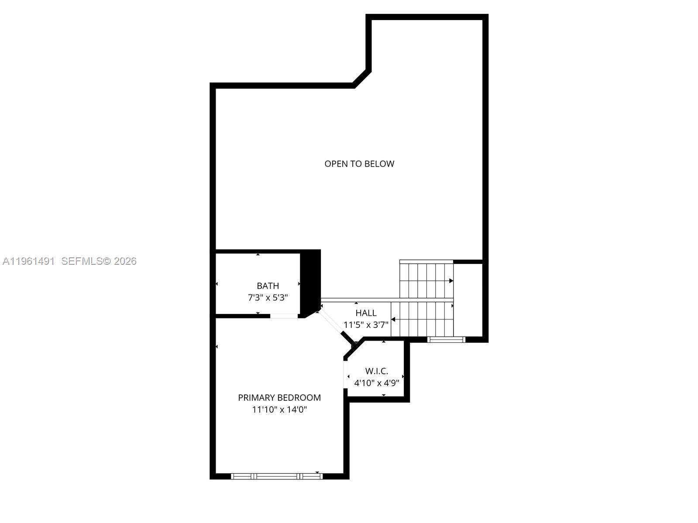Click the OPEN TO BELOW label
359,164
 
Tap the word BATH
268,286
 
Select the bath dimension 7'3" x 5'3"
268,297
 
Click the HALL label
366,313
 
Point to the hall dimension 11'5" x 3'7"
366,325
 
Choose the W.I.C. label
376,371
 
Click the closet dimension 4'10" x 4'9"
376,383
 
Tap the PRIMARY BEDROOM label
279,397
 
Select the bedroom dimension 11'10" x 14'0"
279,409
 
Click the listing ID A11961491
28,261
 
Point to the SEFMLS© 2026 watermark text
99,261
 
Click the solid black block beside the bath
310,279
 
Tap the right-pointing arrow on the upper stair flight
451,281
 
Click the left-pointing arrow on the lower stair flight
393,320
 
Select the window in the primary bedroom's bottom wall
277,476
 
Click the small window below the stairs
446,339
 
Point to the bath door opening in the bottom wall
284,315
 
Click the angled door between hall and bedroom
331,323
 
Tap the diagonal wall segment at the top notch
362,78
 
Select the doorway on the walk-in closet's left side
346,376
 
